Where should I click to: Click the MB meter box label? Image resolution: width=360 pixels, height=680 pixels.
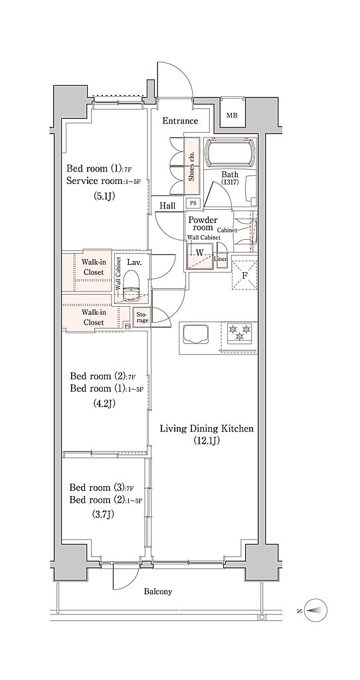point(232,116)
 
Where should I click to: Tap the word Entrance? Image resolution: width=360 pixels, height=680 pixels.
point(180,121)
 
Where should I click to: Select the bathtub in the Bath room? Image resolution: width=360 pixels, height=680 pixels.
point(230,152)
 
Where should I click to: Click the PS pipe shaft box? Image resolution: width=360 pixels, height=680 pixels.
point(193,203)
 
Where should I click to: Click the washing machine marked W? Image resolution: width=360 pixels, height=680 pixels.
point(200,256)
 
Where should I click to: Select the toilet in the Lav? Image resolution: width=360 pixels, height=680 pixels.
point(131,286)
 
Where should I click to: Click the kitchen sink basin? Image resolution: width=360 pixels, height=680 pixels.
point(196,335)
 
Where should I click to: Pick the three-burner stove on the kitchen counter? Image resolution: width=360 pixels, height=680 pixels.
point(239,333)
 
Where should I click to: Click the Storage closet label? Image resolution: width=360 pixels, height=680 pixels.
point(142,317)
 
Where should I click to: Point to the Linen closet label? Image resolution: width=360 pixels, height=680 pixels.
point(222,260)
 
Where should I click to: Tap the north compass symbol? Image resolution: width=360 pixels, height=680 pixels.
point(315,610)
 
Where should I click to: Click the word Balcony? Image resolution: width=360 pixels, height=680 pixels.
point(158,592)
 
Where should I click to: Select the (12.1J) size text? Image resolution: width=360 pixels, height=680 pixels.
point(207,441)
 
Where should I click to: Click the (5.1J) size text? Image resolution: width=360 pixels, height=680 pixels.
point(104,197)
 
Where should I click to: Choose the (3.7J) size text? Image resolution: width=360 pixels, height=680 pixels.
point(103,515)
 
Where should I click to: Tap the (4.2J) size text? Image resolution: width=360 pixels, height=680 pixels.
point(104,403)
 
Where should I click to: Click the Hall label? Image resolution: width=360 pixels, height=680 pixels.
point(167,205)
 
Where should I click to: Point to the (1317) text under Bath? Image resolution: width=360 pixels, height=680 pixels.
point(230,183)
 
